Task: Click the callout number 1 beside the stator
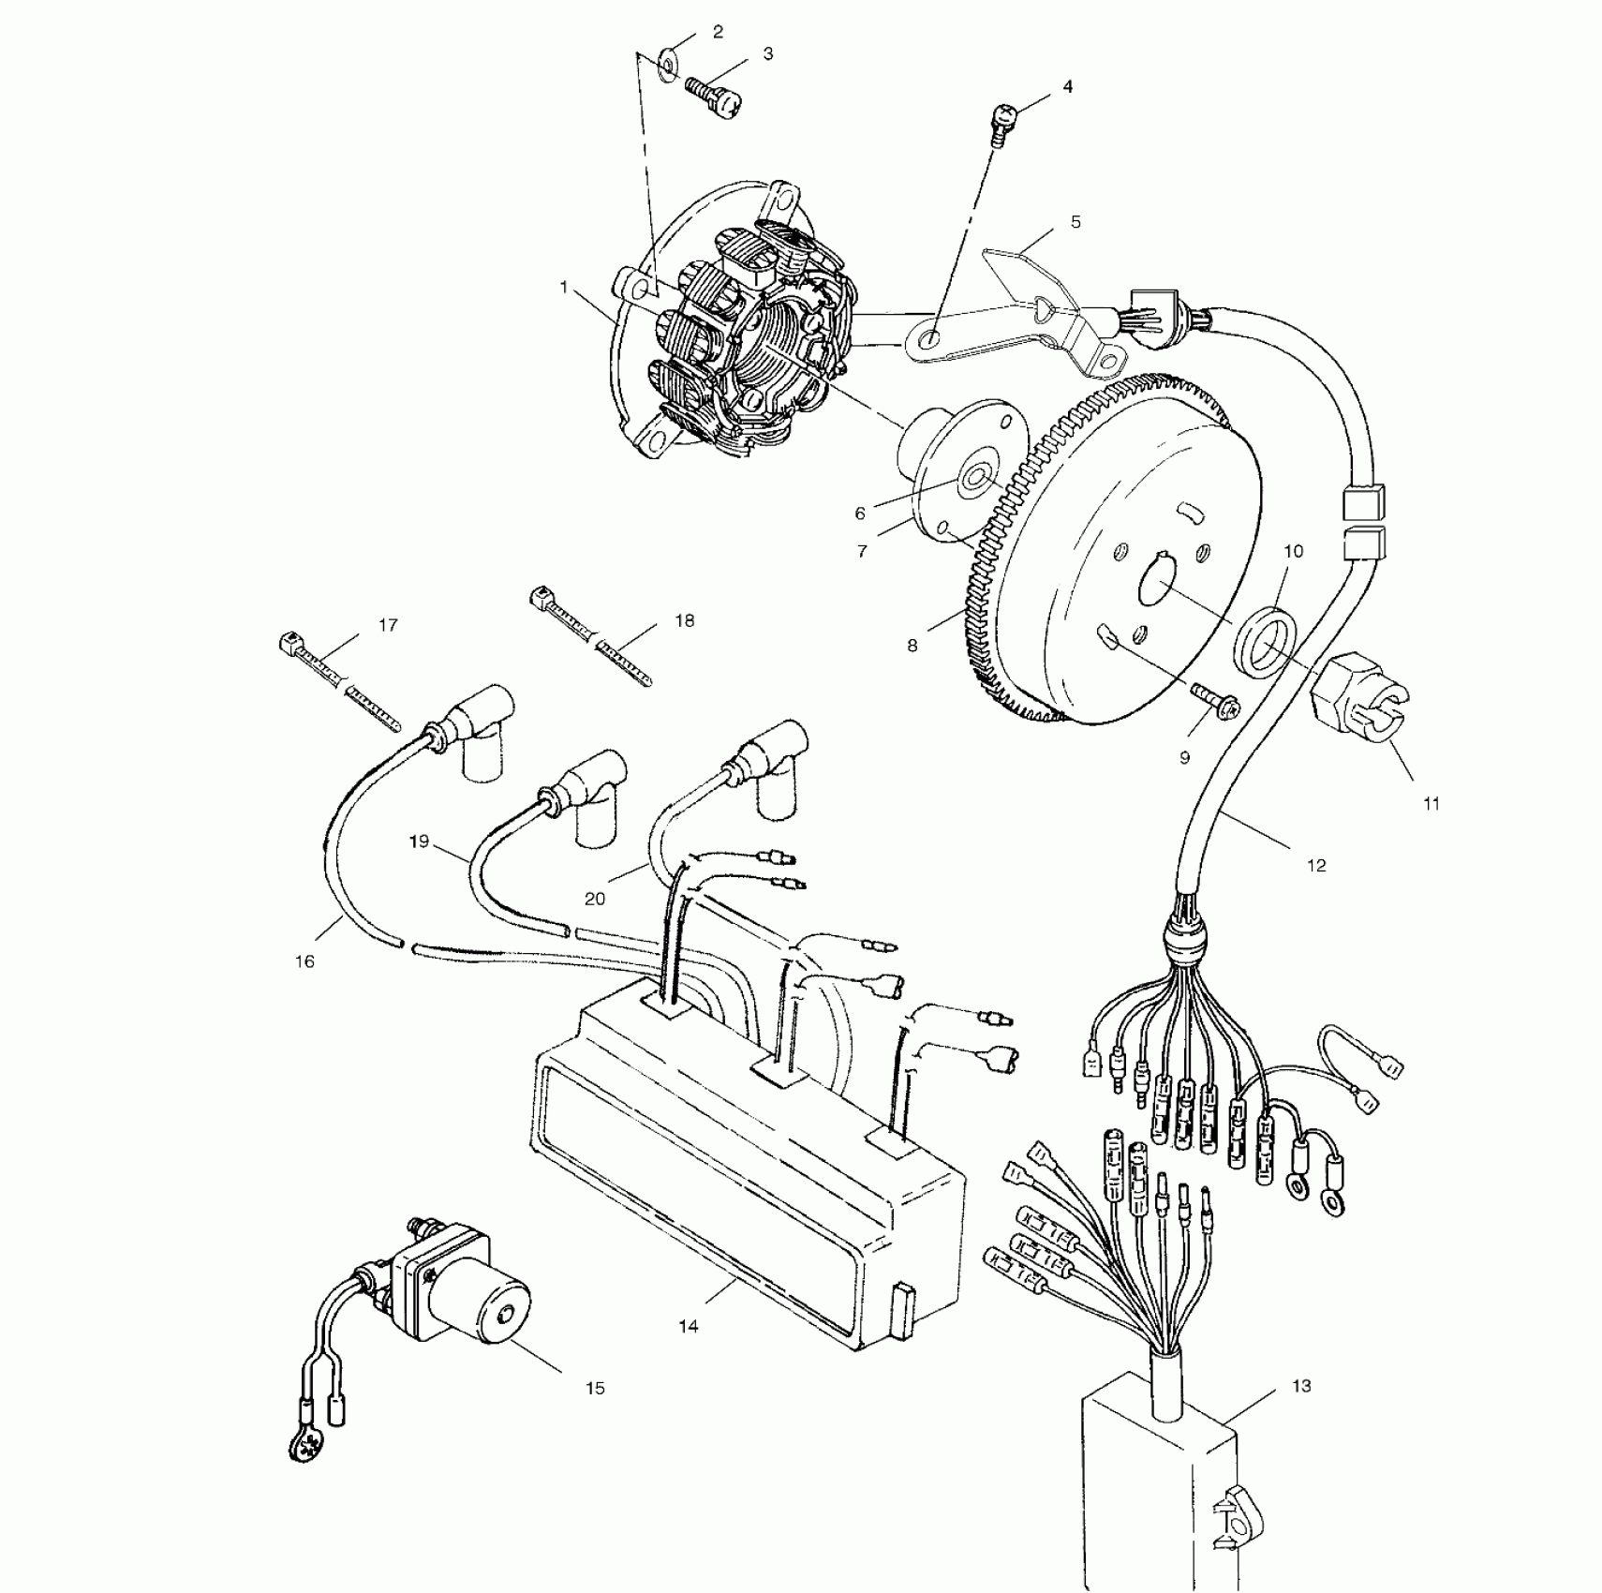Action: click(564, 287)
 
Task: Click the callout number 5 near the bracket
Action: click(1075, 222)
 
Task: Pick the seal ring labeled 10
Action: click(1265, 638)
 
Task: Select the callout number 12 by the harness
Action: click(1316, 865)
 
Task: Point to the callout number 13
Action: click(1301, 1386)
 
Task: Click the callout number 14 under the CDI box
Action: click(689, 1326)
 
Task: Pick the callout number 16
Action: click(304, 961)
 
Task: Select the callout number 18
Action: click(685, 620)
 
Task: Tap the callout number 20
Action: click(595, 899)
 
